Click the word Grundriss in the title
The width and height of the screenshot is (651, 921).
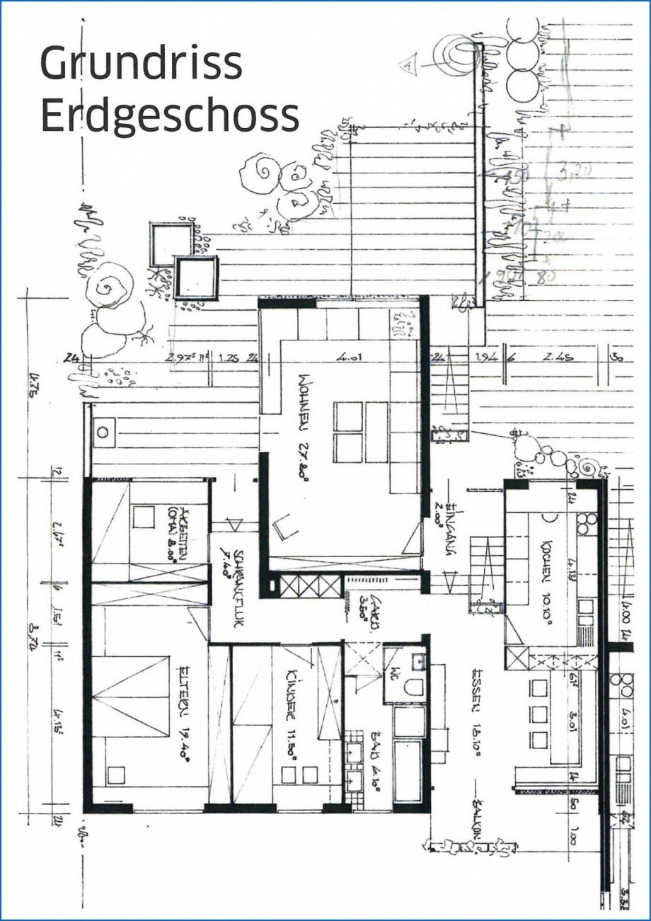pyautogui.click(x=142, y=64)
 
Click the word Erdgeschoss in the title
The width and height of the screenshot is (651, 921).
pyautogui.click(x=170, y=115)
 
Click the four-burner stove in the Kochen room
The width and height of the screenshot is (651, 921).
pyautogui.click(x=586, y=523)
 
